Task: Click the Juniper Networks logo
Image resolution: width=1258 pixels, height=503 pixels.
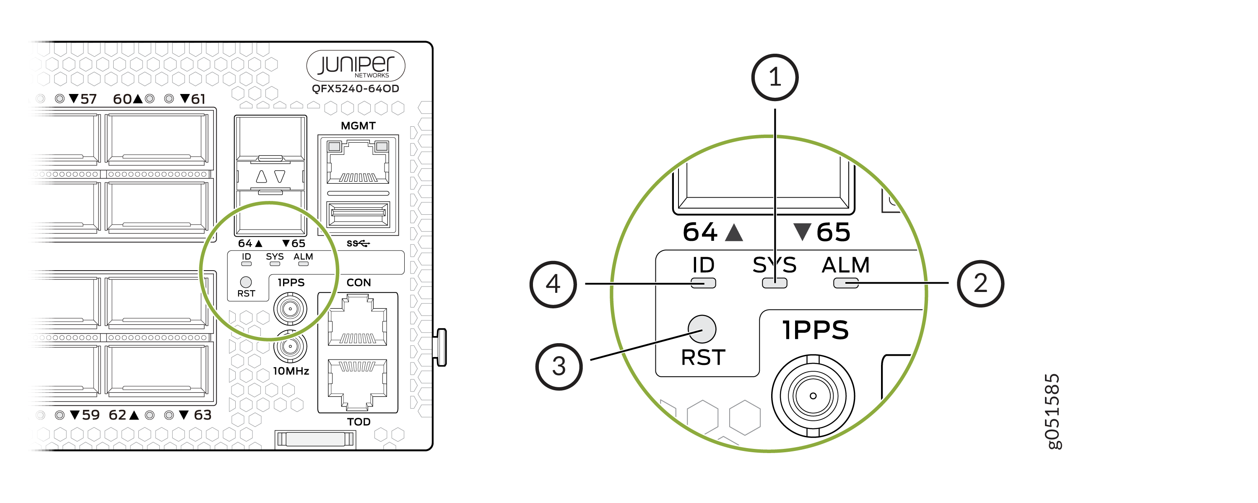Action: [356, 65]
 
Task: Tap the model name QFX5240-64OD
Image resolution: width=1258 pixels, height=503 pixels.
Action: [356, 89]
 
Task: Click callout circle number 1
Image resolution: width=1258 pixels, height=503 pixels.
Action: [775, 77]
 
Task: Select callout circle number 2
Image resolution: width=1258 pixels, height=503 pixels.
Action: [981, 284]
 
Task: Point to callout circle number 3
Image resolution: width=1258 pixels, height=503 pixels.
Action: [559, 367]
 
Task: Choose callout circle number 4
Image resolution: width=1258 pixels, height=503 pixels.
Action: [553, 284]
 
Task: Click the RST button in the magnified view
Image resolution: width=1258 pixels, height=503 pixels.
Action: [702, 329]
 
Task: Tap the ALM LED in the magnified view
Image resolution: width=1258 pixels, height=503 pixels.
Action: [846, 283]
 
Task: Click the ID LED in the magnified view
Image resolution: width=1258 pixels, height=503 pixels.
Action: [703, 283]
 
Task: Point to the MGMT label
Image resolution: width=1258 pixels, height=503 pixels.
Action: [358, 126]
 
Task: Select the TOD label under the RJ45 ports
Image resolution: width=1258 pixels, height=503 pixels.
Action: [359, 422]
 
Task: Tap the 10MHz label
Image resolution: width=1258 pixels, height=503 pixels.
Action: [291, 371]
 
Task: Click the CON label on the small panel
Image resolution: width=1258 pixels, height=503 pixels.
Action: [359, 283]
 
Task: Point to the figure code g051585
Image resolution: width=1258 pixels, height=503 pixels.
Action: [1053, 411]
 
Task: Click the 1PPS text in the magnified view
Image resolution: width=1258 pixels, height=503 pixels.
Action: [815, 330]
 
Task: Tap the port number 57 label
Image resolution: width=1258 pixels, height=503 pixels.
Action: [88, 99]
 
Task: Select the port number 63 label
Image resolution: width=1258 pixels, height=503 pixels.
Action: [203, 415]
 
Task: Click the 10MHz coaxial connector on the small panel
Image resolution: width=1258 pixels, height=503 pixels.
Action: [290, 346]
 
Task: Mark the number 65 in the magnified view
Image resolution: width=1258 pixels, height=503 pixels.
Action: [833, 232]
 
